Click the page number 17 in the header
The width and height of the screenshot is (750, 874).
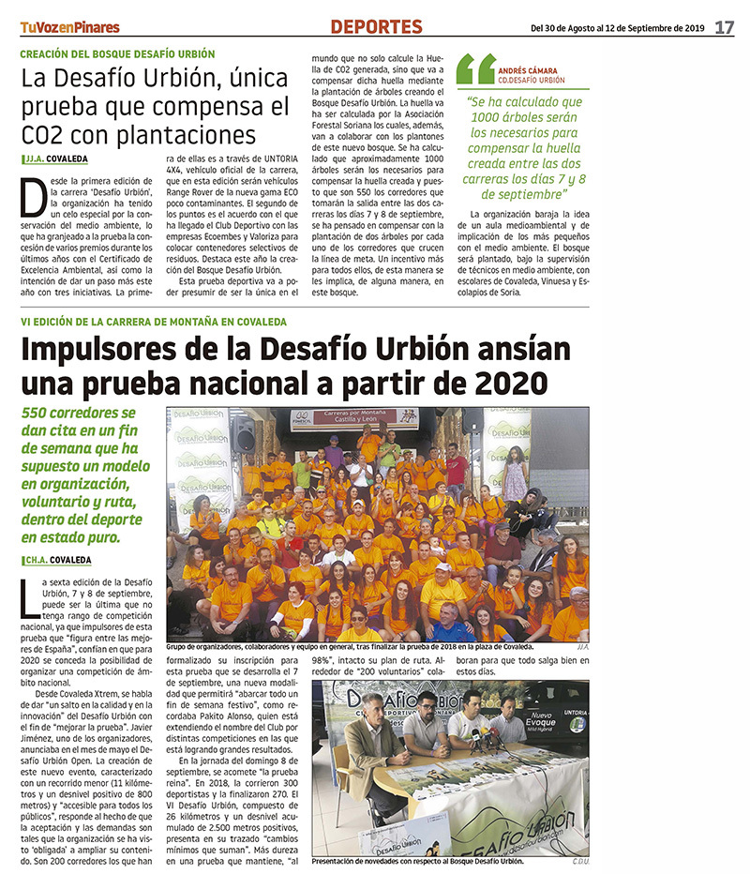click(x=724, y=27)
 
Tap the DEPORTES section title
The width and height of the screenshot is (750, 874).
click(x=376, y=27)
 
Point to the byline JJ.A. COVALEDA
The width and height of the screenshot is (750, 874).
click(x=59, y=159)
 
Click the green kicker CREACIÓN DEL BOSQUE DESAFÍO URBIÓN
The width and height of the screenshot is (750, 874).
click(x=121, y=53)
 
